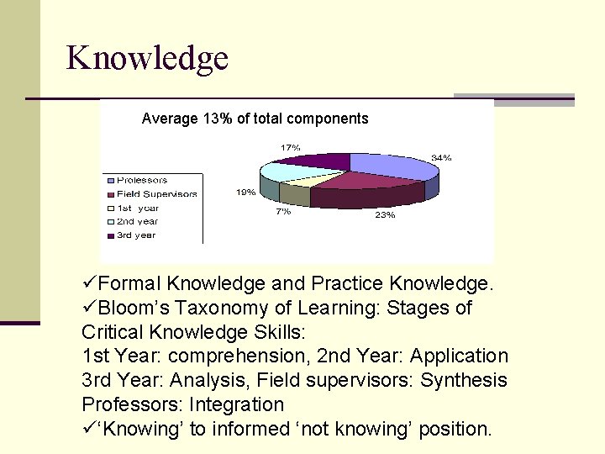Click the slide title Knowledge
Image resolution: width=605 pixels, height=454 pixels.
coord(147,58)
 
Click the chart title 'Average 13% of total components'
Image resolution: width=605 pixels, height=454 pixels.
coord(255,119)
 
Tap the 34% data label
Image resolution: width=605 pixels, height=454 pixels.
coord(441,157)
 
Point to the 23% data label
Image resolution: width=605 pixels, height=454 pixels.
coord(384,215)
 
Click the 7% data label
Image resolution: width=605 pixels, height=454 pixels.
coord(283,211)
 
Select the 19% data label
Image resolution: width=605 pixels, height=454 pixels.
coord(245,192)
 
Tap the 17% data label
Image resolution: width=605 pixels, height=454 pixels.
coord(290,147)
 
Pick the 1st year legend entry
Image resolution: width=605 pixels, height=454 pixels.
coord(137,208)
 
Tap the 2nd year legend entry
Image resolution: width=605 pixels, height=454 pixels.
coord(137,221)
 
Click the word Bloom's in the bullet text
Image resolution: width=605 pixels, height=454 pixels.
coord(130,308)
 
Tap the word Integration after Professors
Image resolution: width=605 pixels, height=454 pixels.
coord(237,404)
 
